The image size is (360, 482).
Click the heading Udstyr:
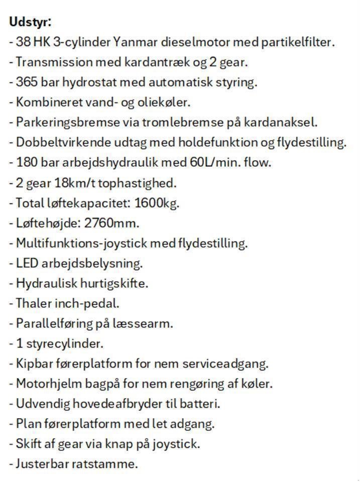[x=31, y=22]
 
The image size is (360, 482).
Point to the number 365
[x=27, y=82]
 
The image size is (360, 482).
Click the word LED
[x=27, y=263]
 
